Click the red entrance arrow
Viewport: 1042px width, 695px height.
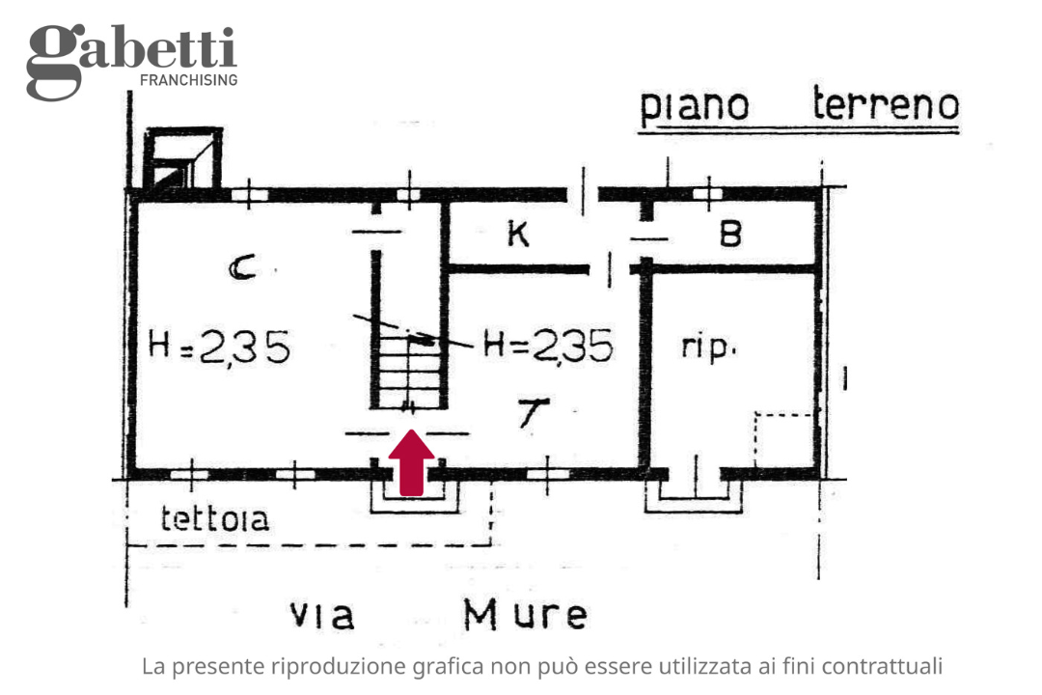[412, 463]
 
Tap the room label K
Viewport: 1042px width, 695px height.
[518, 234]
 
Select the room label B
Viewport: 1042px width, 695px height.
[730, 234]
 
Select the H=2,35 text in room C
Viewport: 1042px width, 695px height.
[219, 347]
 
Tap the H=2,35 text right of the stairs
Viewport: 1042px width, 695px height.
[548, 345]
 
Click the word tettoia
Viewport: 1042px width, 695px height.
[214, 519]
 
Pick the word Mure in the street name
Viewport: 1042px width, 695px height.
[525, 613]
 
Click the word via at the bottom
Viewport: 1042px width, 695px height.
[322, 614]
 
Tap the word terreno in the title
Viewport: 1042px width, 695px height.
[886, 104]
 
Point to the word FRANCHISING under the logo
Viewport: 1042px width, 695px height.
[188, 80]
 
